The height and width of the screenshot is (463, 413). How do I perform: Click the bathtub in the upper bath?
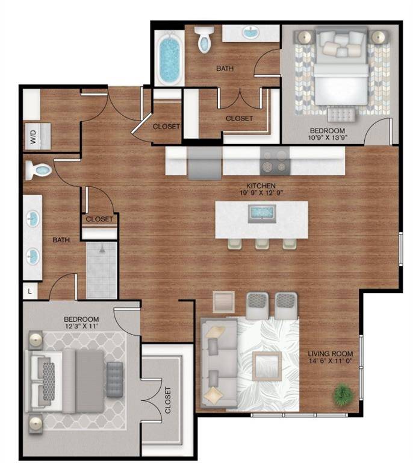click(169, 58)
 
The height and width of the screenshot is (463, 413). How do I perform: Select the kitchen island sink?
click(262, 212)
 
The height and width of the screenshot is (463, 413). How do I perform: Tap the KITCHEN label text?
click(261, 185)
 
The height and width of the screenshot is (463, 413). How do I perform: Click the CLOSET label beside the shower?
click(99, 219)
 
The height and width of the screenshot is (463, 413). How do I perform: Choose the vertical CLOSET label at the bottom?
click(167, 398)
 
